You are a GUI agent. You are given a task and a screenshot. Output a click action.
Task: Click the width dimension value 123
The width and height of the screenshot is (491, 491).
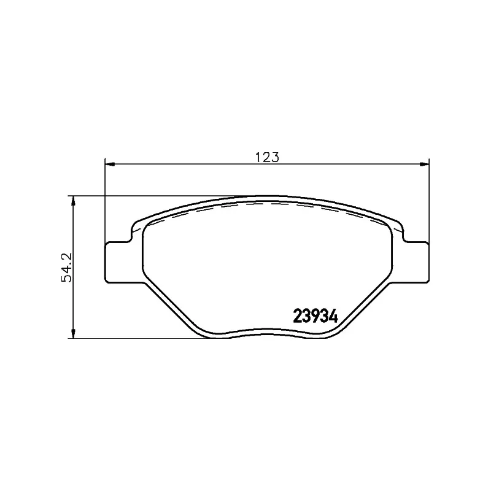coord(267,157)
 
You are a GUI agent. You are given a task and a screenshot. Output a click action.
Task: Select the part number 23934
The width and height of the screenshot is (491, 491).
coord(316,316)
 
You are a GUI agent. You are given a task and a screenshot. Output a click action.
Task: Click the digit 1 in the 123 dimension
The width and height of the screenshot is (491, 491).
coord(259,157)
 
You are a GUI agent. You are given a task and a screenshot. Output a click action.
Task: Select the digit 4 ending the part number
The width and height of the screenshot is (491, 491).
coord(334,316)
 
